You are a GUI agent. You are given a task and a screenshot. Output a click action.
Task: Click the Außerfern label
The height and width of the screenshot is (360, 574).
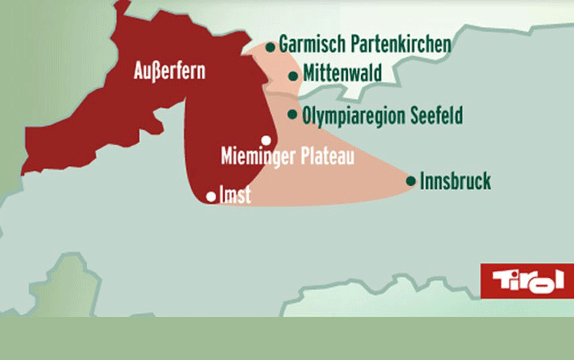168,72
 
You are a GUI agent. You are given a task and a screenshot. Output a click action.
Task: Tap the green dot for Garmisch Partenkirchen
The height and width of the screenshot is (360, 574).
271,47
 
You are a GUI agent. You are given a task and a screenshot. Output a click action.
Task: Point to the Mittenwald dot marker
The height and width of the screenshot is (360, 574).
294,76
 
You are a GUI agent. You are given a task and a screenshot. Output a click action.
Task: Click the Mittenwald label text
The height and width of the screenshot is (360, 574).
342,73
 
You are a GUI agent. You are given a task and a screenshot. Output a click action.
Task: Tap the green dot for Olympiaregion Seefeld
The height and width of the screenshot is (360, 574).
293,114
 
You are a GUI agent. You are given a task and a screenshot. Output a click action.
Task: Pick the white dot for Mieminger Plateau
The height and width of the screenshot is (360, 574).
266,140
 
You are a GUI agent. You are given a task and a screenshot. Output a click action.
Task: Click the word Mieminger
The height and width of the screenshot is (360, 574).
255,156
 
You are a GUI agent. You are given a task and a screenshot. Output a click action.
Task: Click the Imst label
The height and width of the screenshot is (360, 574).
235,195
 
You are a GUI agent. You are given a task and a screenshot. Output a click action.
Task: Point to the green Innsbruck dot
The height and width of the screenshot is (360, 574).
411,181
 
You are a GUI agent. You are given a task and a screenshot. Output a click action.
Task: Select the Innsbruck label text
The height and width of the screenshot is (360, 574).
456,181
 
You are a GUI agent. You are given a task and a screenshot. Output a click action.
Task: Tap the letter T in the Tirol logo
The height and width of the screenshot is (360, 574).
503,280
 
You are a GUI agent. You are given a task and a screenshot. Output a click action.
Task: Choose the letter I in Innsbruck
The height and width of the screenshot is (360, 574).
422,181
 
